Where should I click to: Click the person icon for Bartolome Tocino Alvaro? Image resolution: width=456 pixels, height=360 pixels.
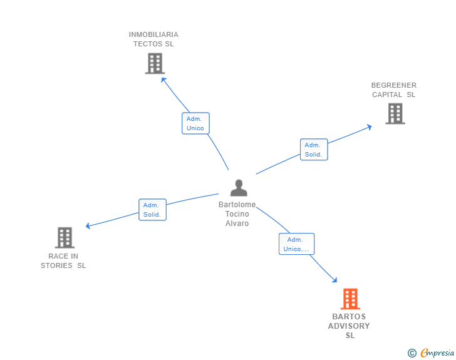[239, 188]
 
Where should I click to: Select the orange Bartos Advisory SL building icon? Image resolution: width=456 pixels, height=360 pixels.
[350, 299]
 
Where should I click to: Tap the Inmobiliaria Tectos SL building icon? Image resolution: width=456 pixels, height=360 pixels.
[155, 63]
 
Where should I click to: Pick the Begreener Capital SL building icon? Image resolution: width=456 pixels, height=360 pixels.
[395, 113]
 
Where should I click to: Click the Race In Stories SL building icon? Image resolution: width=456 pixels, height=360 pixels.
[65, 238]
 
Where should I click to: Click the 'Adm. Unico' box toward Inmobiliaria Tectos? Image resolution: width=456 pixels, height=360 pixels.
[195, 123]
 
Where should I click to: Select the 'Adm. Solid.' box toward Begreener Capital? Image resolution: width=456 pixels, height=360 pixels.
[313, 150]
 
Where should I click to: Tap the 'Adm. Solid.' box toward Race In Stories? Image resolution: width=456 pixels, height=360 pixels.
[152, 210]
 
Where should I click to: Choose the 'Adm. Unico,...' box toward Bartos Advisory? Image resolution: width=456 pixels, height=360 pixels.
[296, 244]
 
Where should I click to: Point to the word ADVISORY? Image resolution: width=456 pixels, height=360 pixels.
[349, 326]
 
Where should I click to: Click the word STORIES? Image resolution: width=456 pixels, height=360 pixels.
[57, 265]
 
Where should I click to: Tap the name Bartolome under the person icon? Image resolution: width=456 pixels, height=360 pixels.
[237, 205]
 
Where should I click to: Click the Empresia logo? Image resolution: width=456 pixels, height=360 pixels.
[437, 353]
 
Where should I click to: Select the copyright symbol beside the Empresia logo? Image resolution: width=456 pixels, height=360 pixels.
[412, 353]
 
